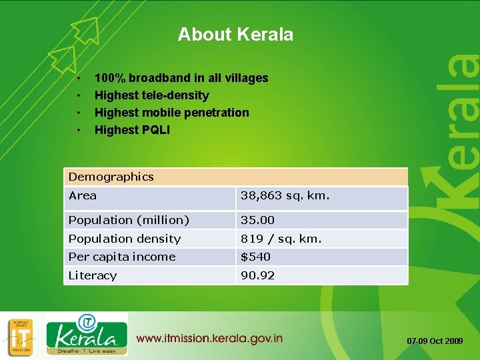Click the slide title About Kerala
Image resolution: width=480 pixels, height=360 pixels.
235,35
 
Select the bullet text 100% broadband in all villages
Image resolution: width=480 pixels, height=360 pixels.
181,78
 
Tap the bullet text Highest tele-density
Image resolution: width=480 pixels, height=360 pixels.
151,95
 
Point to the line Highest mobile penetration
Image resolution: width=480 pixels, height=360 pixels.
171,113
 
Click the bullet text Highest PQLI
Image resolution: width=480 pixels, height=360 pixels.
132,130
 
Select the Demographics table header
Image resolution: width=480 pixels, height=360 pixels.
111,177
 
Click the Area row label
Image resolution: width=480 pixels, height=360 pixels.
83,195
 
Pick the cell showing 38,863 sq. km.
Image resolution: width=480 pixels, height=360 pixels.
285,196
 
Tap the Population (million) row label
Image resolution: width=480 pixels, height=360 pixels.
129,220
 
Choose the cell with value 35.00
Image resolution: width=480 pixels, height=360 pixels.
257,220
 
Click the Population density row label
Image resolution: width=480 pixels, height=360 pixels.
125,239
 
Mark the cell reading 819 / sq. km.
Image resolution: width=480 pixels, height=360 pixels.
281,239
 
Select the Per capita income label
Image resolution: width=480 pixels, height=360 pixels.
122,257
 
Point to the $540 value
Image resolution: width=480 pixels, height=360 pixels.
255,257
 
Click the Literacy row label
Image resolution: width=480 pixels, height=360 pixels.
93,275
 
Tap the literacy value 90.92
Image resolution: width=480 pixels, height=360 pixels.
257,275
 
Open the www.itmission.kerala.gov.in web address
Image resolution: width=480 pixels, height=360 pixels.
209,339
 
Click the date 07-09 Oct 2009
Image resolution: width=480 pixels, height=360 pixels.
435,341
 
